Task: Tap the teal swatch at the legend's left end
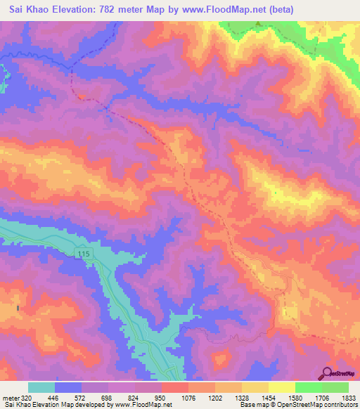(41, 387)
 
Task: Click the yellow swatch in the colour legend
(281, 387)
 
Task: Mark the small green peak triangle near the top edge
(257, 25)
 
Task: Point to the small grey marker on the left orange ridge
(19, 308)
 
